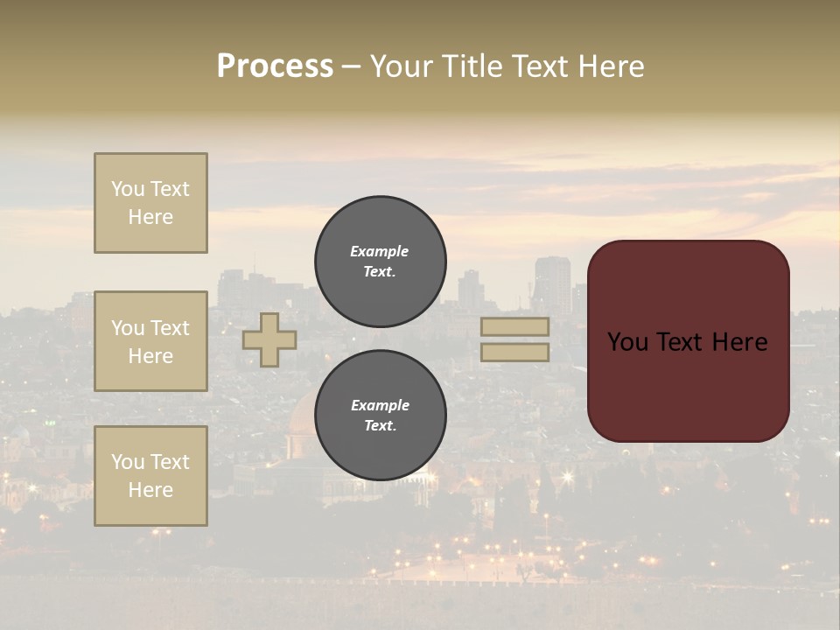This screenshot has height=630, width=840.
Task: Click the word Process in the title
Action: [x=275, y=66]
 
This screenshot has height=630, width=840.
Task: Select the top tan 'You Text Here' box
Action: [x=150, y=203]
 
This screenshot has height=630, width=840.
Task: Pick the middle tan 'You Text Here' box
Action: [x=150, y=341]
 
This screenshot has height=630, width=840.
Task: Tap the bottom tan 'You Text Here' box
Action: [x=150, y=476]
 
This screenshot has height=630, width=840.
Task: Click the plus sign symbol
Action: [x=269, y=339]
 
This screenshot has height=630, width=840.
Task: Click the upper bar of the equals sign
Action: [x=514, y=327]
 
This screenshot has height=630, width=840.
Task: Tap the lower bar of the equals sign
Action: [x=514, y=352]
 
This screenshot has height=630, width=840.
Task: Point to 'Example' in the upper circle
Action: [x=380, y=251]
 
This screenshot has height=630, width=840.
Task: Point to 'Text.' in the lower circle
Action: [x=380, y=425]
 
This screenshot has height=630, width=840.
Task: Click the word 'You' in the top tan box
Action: [x=128, y=189]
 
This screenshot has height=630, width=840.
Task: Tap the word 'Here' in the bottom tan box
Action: [x=150, y=490]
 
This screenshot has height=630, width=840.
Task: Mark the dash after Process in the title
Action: [x=351, y=66]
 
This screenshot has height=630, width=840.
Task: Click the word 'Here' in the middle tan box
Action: [x=150, y=356]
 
